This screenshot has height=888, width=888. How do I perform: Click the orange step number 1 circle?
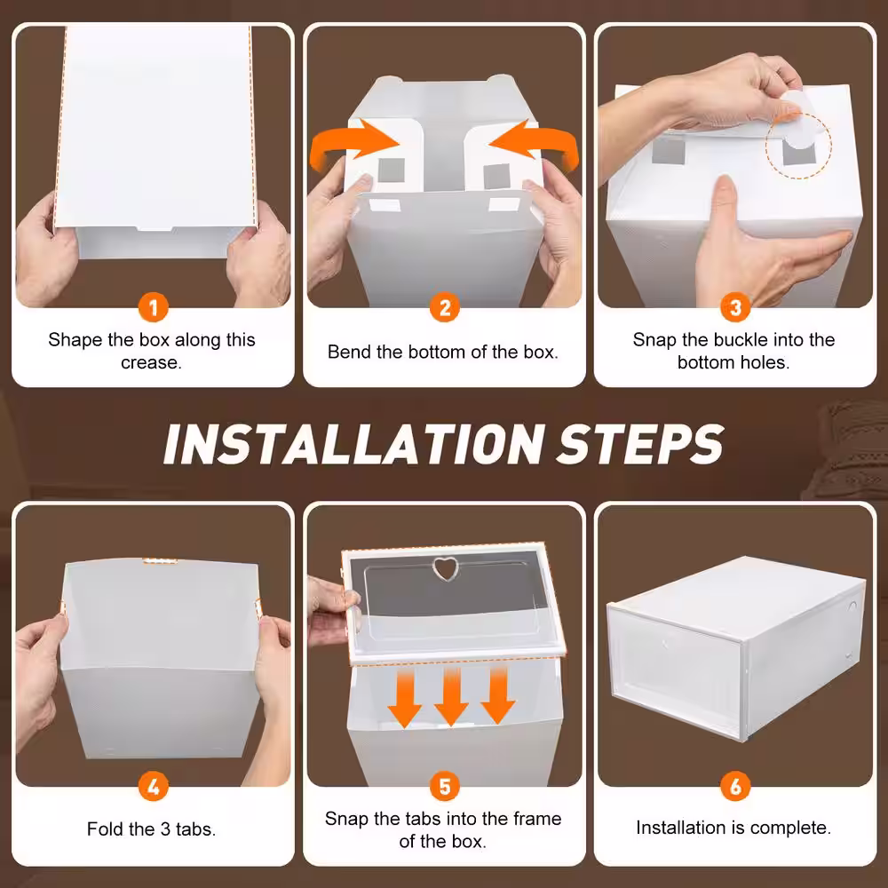click(x=154, y=308)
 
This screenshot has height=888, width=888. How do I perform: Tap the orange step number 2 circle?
click(x=444, y=308)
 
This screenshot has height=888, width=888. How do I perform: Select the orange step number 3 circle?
click(x=735, y=308)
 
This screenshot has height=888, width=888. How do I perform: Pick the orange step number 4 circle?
click(x=154, y=786)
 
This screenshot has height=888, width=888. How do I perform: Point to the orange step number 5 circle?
click(x=444, y=786)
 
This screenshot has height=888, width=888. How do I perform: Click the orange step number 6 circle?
click(x=735, y=786)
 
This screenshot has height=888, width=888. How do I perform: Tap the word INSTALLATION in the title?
click(x=351, y=443)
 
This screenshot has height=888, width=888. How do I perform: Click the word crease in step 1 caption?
click(x=151, y=362)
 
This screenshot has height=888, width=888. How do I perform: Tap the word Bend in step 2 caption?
click(x=348, y=352)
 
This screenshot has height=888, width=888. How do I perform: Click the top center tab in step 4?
click(x=160, y=560)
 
